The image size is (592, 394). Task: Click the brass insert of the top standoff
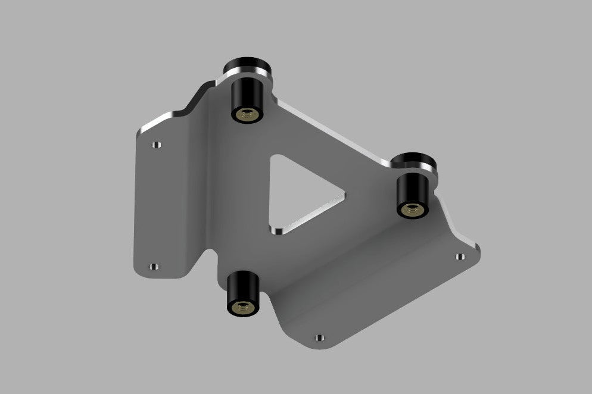[246, 114]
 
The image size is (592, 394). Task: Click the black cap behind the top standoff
[245, 65]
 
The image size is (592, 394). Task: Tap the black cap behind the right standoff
[416, 161]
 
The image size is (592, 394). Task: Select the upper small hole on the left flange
[156, 145]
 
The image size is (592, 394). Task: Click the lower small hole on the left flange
[154, 267]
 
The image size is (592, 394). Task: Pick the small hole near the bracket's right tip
[459, 257]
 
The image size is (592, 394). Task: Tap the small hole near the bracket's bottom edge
[320, 337]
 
